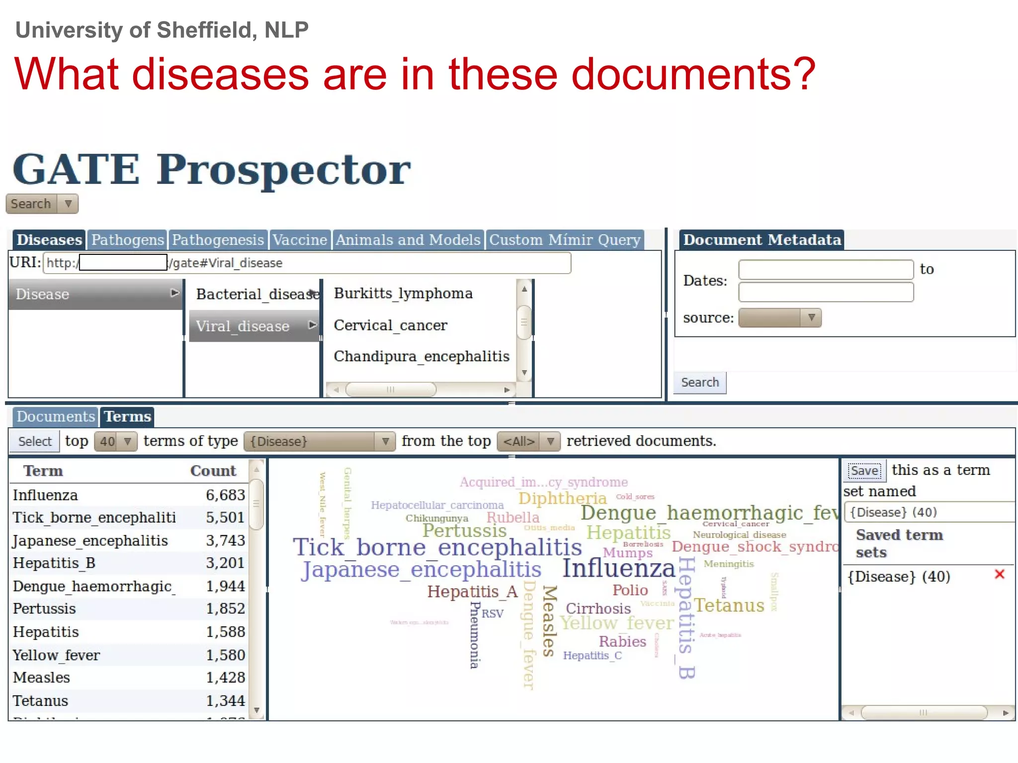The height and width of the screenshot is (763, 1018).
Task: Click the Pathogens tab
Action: click(127, 240)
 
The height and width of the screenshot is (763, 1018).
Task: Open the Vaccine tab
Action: click(300, 240)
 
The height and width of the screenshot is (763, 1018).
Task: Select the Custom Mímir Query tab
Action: click(565, 240)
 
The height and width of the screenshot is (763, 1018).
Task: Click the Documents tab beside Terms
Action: click(55, 417)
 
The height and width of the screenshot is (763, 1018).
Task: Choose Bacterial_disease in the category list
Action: click(256, 294)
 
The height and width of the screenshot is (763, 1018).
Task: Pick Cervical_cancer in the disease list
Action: click(390, 325)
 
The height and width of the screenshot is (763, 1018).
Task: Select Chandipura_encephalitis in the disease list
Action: click(422, 357)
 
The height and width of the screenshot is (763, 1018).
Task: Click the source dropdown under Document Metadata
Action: click(779, 318)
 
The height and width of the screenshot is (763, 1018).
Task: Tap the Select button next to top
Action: click(35, 441)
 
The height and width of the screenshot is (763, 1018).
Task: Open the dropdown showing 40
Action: click(116, 441)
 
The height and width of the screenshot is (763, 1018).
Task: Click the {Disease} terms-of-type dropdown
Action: click(319, 441)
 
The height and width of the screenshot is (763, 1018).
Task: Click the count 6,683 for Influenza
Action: click(225, 495)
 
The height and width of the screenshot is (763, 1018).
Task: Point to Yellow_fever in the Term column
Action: click(56, 655)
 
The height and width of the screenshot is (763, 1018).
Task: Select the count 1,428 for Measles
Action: click(225, 678)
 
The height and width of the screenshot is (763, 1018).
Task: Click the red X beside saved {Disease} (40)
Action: click(1000, 575)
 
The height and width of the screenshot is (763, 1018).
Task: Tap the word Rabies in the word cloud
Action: click(622, 641)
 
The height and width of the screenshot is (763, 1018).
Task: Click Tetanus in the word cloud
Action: click(729, 606)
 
